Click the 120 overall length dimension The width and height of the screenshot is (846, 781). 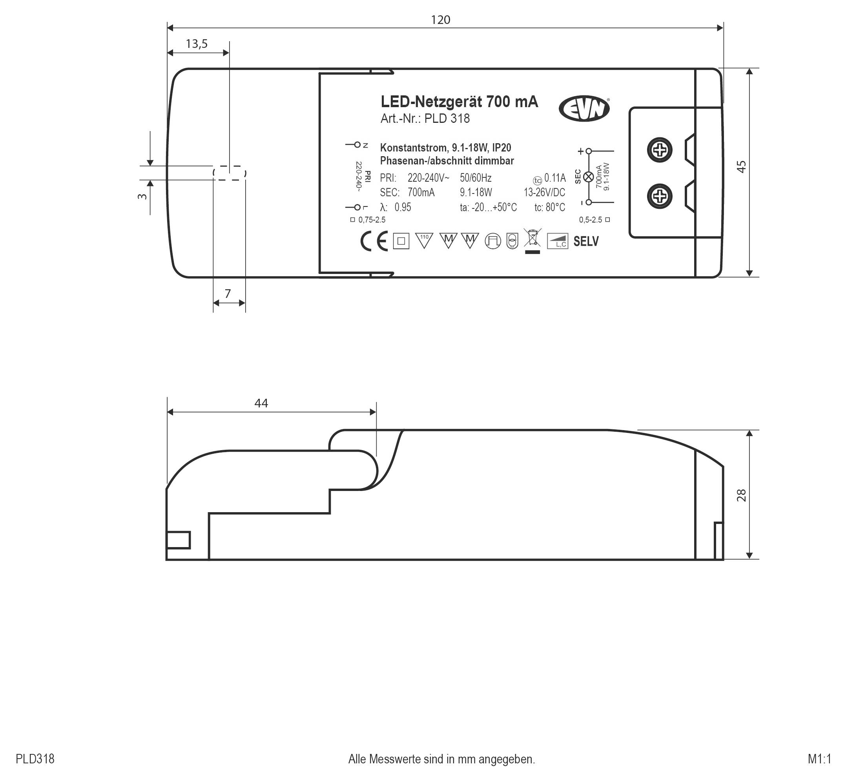pyautogui.click(x=440, y=20)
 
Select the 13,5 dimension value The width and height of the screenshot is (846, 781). pyautogui.click(x=197, y=44)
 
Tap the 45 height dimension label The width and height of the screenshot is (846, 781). pyautogui.click(x=742, y=166)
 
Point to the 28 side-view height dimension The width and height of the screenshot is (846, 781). pyautogui.click(x=742, y=495)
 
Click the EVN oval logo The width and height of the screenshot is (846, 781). pyautogui.click(x=584, y=109)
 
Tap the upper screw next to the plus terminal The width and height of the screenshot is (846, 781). pyautogui.click(x=660, y=150)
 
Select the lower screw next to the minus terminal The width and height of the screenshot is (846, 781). pyautogui.click(x=660, y=196)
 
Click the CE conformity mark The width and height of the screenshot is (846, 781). pyautogui.click(x=374, y=241)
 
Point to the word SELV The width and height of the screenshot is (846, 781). pyautogui.click(x=586, y=241)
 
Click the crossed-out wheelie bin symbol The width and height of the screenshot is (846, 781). pyautogui.click(x=532, y=238)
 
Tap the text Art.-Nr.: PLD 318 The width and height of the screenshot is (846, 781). pyautogui.click(x=425, y=119)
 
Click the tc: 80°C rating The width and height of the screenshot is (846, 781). pyautogui.click(x=549, y=207)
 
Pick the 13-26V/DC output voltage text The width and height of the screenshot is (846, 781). pyautogui.click(x=544, y=193)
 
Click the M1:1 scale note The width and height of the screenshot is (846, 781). pyautogui.click(x=819, y=759)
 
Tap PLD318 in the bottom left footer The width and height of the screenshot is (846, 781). pyautogui.click(x=35, y=759)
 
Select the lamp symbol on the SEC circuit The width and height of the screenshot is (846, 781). pyautogui.click(x=588, y=177)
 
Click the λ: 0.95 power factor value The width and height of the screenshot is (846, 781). pyautogui.click(x=396, y=207)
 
